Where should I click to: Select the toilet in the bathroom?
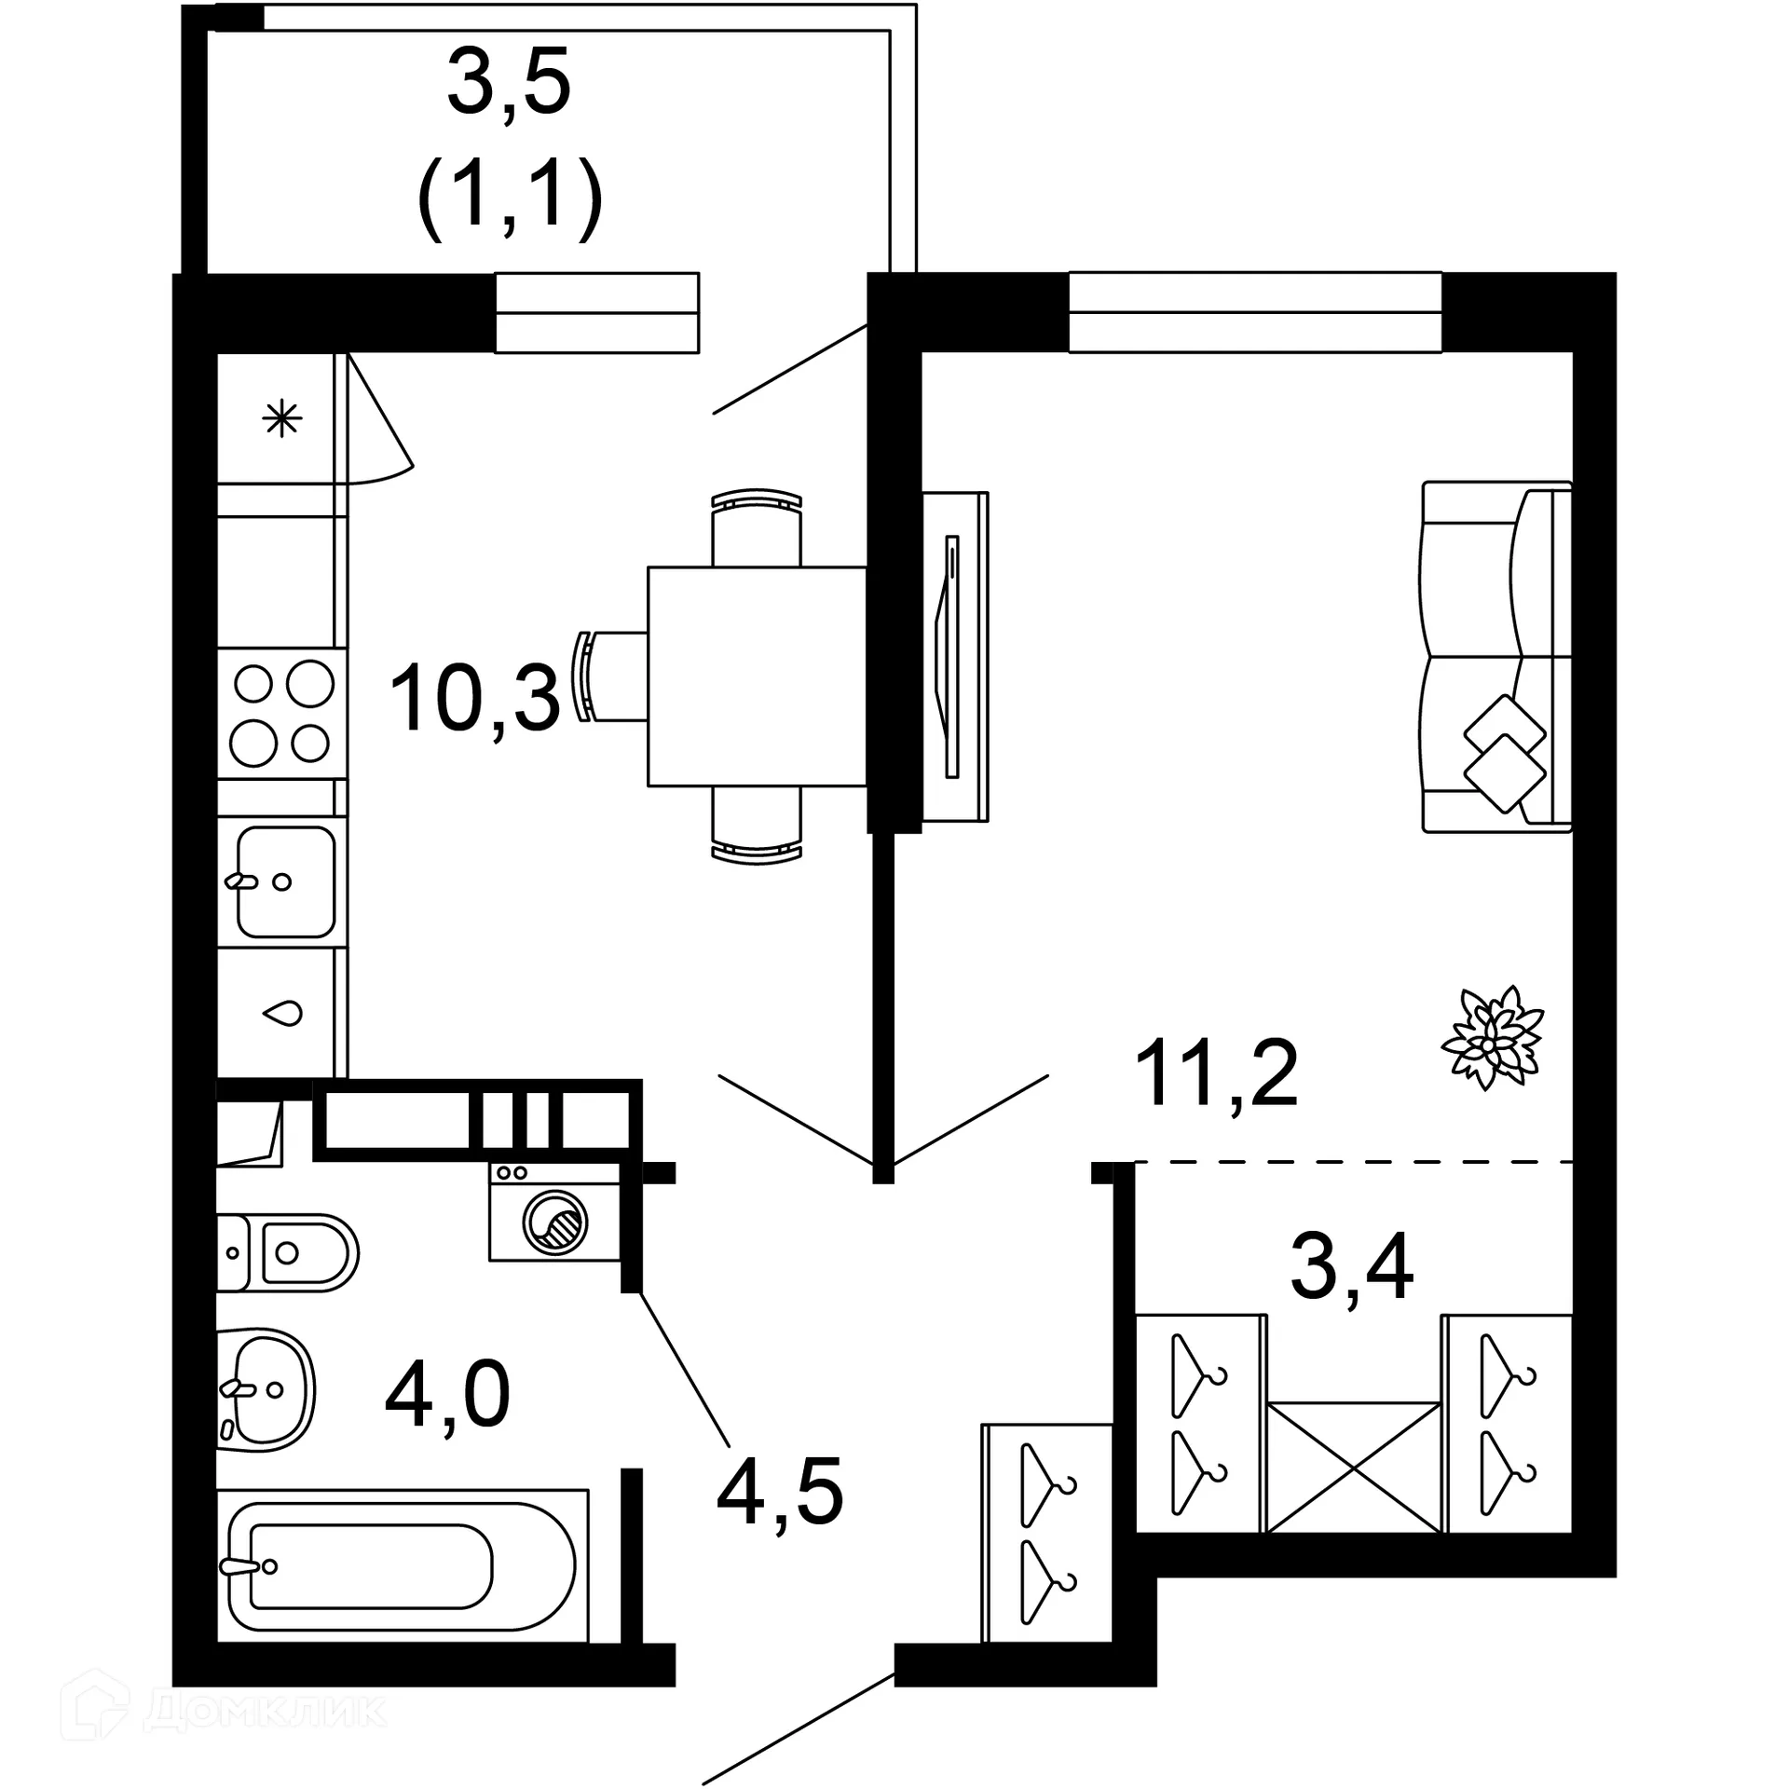289,1252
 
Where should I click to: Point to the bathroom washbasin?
266,1388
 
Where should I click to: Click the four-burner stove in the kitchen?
282,714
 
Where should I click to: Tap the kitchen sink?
284,881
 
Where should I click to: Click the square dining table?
757,676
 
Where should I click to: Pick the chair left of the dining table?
610,676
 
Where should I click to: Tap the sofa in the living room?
1495,657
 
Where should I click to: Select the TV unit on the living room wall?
955,657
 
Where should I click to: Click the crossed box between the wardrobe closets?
1353,1467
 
